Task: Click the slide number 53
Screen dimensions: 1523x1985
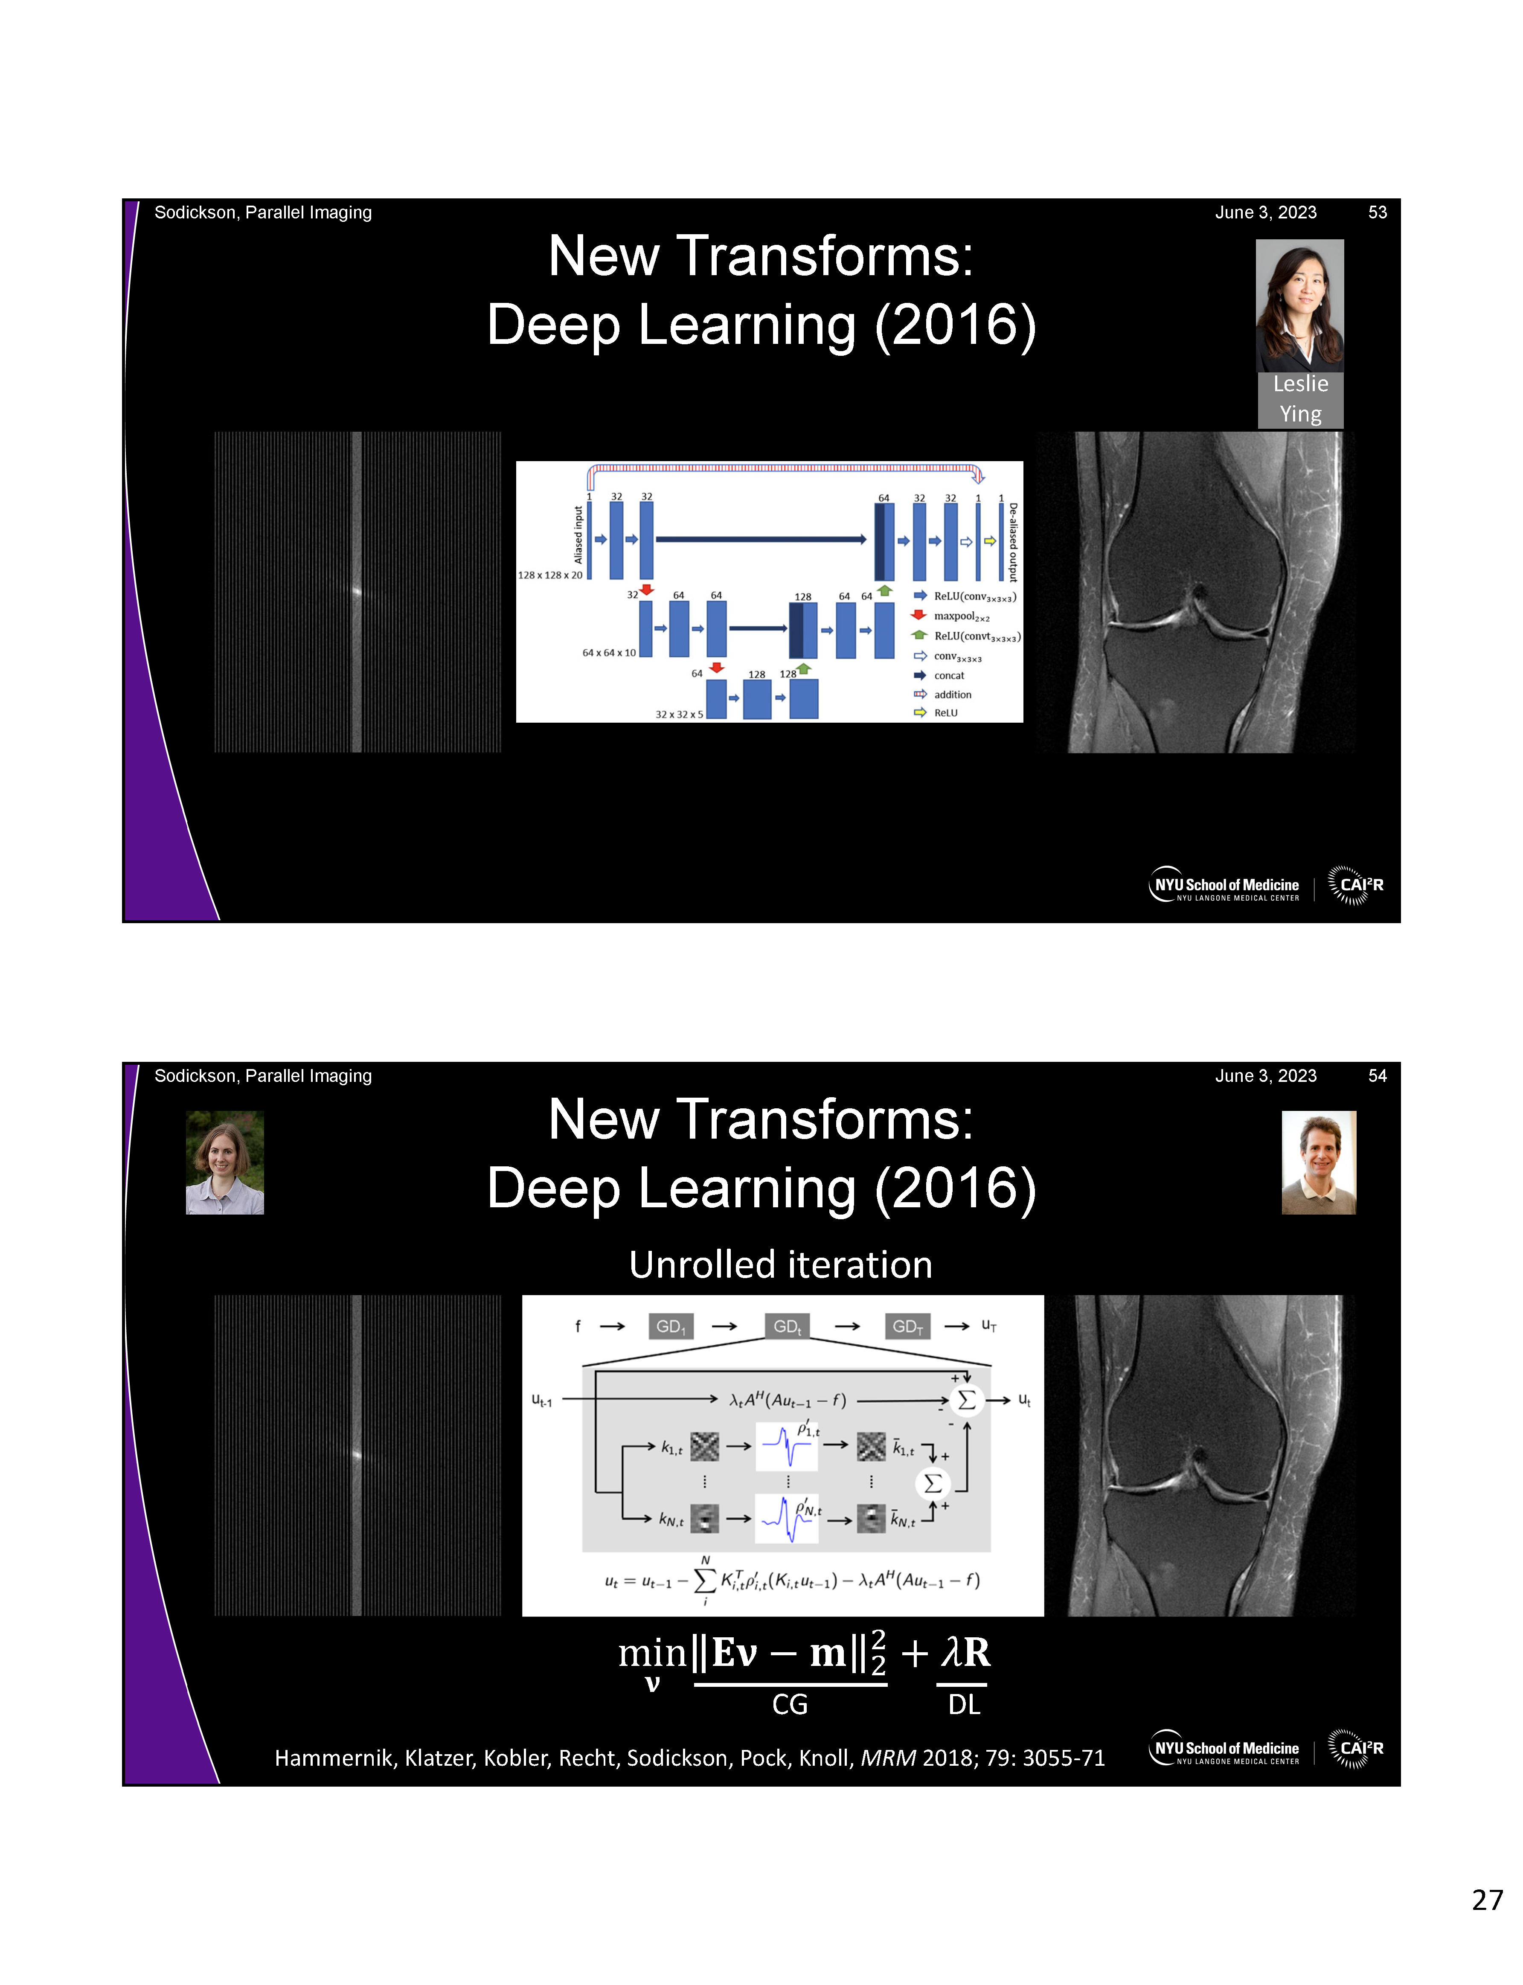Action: (x=1377, y=212)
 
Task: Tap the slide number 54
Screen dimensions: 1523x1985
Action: (x=1377, y=1076)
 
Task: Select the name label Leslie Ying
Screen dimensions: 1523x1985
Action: (x=1300, y=399)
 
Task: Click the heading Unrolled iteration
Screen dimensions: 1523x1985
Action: (x=781, y=1264)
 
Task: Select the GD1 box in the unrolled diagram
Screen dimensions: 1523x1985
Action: (x=671, y=1326)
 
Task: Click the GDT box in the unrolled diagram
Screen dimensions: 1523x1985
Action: (x=907, y=1326)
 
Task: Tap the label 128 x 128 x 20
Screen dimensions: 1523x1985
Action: (x=549, y=575)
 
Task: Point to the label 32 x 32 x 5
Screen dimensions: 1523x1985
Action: (x=679, y=714)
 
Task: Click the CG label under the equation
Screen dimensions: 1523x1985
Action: (x=790, y=1705)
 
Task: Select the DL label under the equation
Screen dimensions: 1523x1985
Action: (x=964, y=1705)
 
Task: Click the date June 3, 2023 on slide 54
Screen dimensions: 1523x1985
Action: (x=1265, y=1076)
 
